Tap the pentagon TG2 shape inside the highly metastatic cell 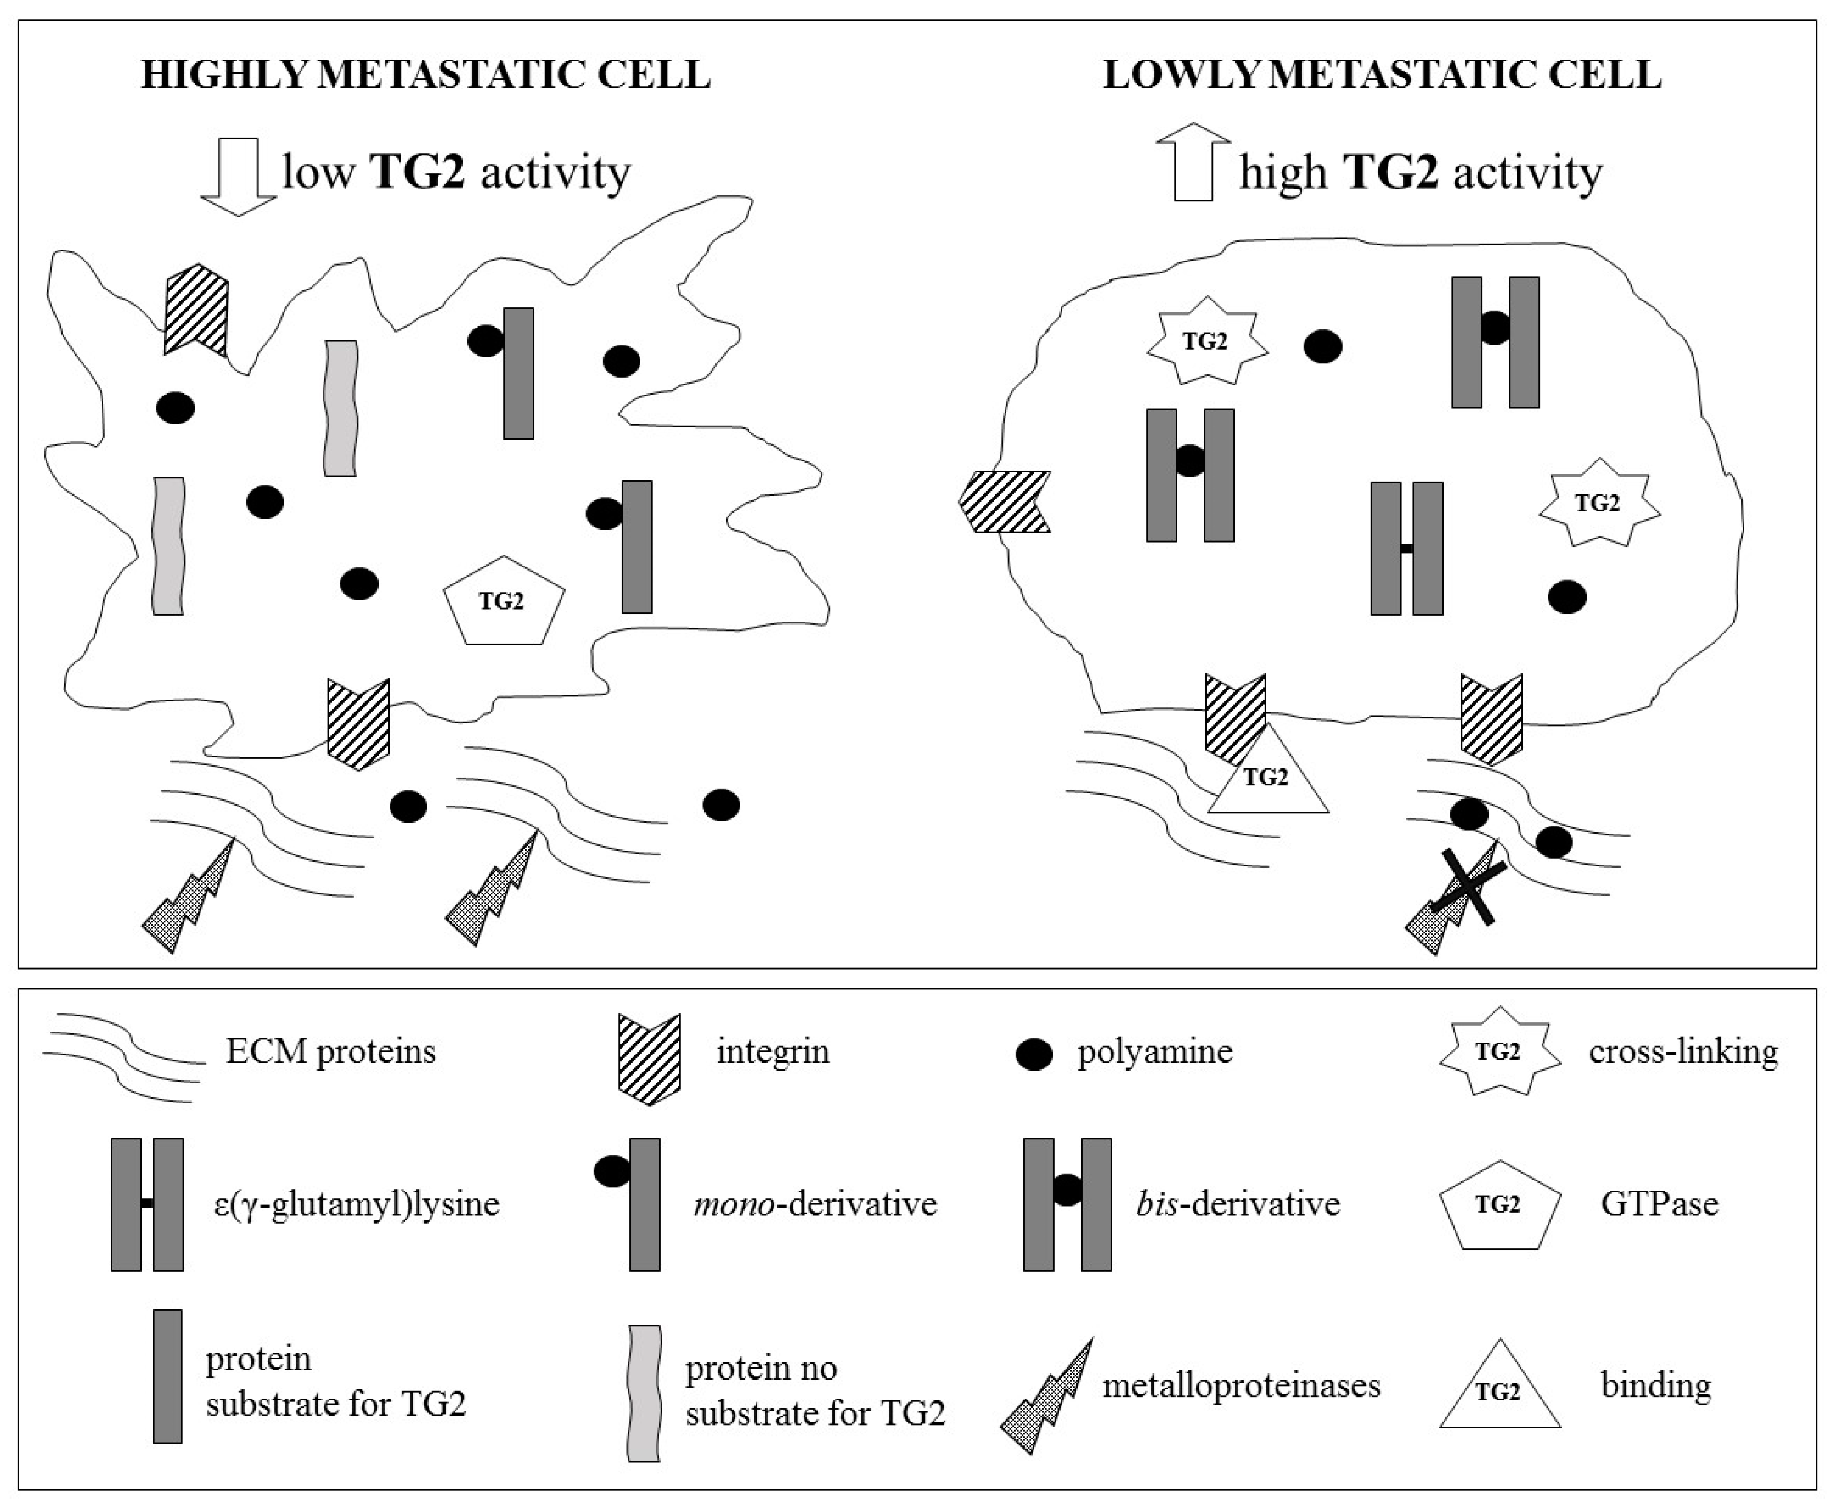click(503, 601)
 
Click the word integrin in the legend click(773, 1052)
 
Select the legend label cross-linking click(1683, 1052)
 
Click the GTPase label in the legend click(1659, 1204)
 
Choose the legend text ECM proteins click(330, 1052)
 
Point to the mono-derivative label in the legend click(814, 1204)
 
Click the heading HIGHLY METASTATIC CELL click(426, 75)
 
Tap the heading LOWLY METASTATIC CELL click(1382, 75)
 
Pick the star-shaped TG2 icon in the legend click(1498, 1052)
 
